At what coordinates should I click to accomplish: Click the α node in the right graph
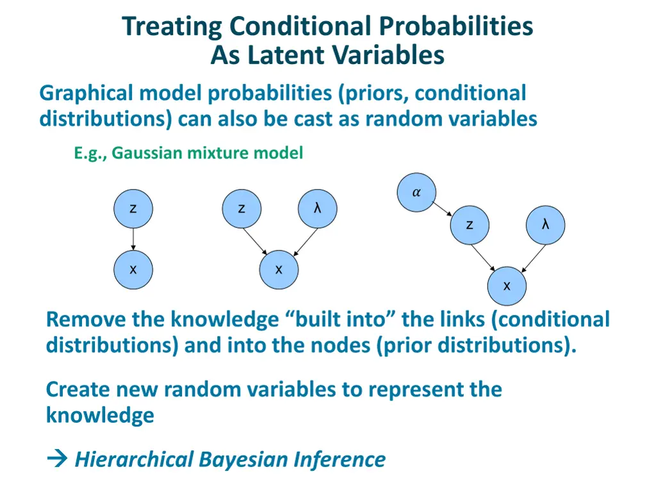416,192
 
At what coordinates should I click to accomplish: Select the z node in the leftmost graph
133,209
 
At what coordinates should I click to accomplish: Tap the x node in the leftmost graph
133,270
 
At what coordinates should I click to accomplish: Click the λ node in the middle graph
317,209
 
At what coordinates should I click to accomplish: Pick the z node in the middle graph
241,209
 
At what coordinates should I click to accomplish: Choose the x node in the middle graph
279,270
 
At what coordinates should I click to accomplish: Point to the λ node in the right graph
545,225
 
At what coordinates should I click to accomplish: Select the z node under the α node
470,225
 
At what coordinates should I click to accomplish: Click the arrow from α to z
443,208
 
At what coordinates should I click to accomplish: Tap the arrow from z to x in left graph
133,239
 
